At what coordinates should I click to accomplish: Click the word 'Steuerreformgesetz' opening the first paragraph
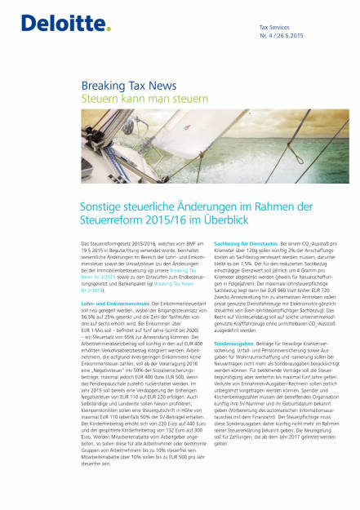[108, 244]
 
